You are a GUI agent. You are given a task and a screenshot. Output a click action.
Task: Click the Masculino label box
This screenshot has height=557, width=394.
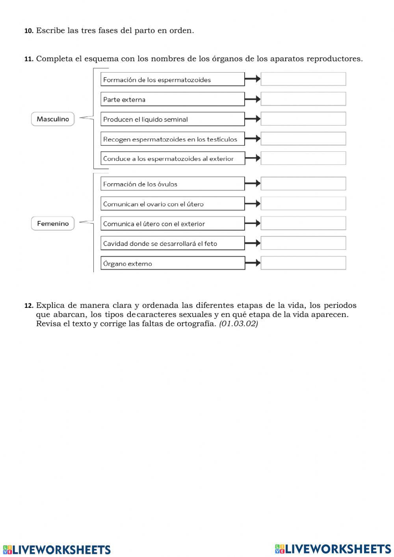pos(53,119)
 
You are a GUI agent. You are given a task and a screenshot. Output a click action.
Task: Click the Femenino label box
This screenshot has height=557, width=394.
pos(53,224)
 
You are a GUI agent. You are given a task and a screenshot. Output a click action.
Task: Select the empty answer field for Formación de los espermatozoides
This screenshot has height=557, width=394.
pos(303,79)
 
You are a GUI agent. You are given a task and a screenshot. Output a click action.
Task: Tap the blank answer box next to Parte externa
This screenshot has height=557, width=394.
pos(303,99)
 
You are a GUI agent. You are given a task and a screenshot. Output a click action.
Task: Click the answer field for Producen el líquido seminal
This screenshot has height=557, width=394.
pos(303,119)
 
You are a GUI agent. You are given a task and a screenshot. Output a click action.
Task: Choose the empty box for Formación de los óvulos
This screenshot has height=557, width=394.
pos(303,184)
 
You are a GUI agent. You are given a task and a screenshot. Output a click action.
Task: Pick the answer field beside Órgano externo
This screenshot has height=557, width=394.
pos(303,263)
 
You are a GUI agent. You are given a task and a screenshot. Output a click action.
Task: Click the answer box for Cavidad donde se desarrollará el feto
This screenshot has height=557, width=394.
pos(303,243)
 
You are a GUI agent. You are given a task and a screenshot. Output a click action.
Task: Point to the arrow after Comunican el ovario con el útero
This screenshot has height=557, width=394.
pos(253,204)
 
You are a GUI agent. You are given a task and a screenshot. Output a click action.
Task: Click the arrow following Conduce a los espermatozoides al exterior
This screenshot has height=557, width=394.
pos(253,158)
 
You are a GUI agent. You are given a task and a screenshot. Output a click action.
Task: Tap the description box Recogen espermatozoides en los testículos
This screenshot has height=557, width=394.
pos(173,139)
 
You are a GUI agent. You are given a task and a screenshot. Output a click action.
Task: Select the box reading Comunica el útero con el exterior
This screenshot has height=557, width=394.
pos(173,224)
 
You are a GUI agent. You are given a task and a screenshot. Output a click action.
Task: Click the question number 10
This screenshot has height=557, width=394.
pos(29,31)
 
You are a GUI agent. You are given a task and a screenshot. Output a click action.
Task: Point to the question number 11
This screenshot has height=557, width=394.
pos(29,59)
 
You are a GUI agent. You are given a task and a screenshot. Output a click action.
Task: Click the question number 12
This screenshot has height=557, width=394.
pos(29,306)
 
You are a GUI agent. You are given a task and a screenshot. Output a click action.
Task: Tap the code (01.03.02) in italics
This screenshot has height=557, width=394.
pos(238,324)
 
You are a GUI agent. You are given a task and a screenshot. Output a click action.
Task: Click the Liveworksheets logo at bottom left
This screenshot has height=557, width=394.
pos(56,550)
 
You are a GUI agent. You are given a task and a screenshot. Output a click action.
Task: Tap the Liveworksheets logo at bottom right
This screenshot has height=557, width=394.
pos(333,549)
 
